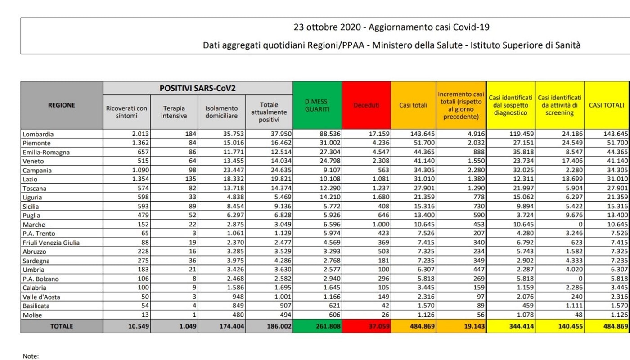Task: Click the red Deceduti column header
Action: pos(366,105)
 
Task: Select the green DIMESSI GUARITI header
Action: pos(317,105)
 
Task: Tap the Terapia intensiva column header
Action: pos(174,112)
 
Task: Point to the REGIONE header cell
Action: pos(62,105)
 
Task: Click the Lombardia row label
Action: pos(38,134)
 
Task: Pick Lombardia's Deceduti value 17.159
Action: pos(378,134)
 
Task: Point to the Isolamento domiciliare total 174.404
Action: pos(231,326)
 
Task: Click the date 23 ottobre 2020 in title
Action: pos(327,27)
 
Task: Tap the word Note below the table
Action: pos(31,356)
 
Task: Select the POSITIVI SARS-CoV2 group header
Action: pos(198,88)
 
